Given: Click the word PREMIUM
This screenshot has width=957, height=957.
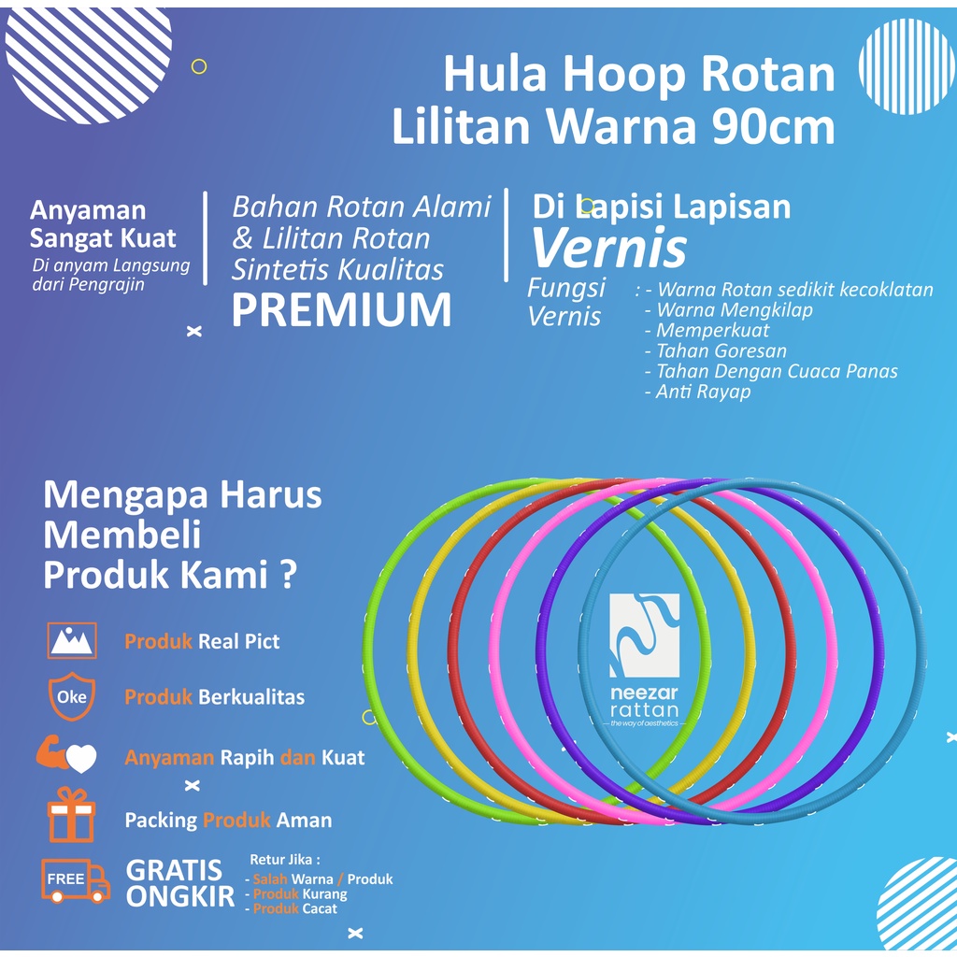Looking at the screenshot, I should point(341,311).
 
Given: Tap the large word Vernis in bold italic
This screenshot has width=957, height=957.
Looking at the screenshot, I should point(608,248).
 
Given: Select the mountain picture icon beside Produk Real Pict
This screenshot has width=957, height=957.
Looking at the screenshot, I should point(72,640).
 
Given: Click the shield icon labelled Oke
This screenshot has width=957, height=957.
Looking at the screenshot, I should point(72,697).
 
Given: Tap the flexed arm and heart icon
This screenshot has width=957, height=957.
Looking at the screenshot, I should point(67,755).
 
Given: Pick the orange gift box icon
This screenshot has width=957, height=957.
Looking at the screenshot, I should point(72,814).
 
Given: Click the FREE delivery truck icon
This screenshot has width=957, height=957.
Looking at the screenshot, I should point(74,880).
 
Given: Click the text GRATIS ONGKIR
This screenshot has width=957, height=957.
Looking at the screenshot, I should point(175,883).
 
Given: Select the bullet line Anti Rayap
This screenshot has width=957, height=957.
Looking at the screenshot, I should point(697,392).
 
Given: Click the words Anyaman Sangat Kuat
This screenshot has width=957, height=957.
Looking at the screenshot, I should point(103,224).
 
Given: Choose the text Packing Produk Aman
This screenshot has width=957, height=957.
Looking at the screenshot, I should point(228,821).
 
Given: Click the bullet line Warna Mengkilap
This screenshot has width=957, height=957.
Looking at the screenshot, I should point(729,309).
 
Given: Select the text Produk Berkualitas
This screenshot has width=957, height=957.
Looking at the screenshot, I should point(214,697).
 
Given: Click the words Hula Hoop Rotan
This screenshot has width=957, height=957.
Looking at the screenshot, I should point(638,75).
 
